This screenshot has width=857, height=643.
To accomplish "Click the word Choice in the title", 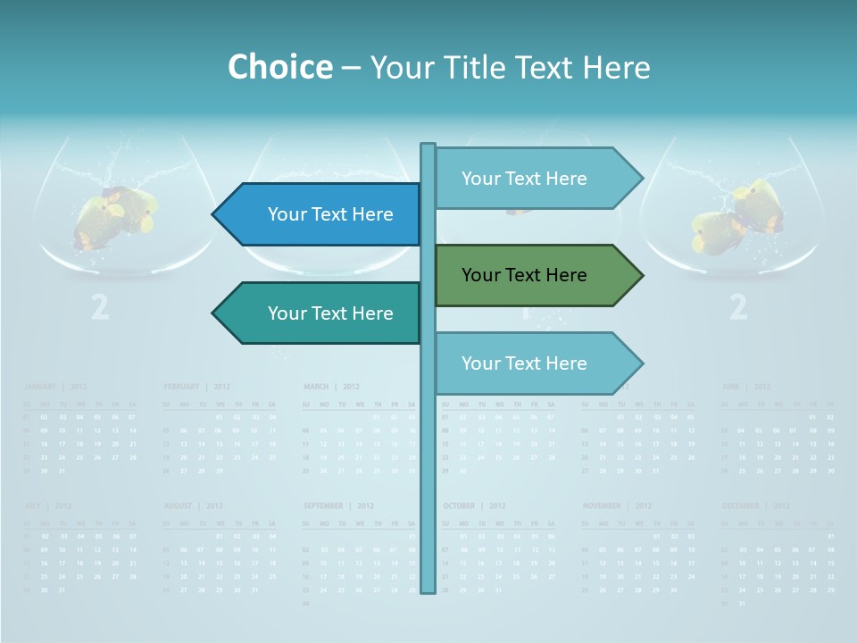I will pyautogui.click(x=279, y=67).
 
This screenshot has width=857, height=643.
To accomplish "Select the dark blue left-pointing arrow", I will pyautogui.click(x=321, y=214).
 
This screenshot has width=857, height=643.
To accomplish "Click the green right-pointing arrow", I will pyautogui.click(x=536, y=275).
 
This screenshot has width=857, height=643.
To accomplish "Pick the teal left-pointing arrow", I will pyautogui.click(x=321, y=313).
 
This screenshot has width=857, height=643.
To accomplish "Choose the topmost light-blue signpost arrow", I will pyautogui.click(x=536, y=179).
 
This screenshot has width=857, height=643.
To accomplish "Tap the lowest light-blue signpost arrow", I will pyautogui.click(x=536, y=363).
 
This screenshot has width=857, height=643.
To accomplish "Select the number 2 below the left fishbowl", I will pyautogui.click(x=100, y=307).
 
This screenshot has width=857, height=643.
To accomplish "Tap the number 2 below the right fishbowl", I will pyautogui.click(x=738, y=307).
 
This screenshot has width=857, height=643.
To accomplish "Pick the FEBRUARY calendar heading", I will pyautogui.click(x=181, y=387).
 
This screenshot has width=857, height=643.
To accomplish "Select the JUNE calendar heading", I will pyautogui.click(x=732, y=387).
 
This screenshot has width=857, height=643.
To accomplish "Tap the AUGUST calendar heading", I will pyautogui.click(x=179, y=505).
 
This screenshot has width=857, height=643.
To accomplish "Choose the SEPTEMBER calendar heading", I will pyautogui.click(x=323, y=505).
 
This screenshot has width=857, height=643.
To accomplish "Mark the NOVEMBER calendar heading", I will pyautogui.click(x=602, y=505).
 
